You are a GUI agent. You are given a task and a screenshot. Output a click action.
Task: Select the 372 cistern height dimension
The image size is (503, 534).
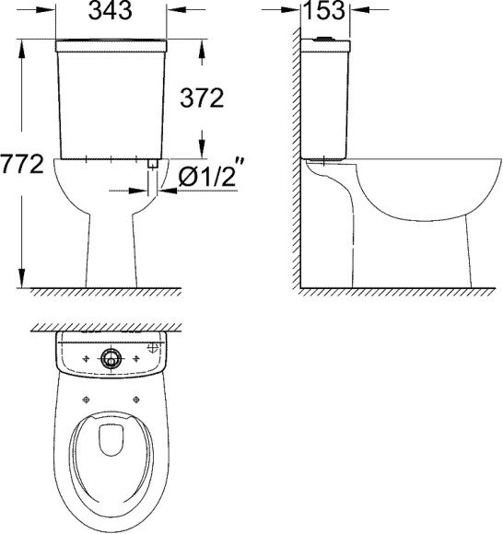tap(204, 99)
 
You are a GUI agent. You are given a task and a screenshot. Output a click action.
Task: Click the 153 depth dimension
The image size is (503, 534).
tap(326, 12)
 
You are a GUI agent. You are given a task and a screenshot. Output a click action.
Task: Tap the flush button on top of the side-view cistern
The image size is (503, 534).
tap(324, 39)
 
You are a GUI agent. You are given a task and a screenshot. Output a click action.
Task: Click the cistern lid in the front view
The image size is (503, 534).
tap(110, 44)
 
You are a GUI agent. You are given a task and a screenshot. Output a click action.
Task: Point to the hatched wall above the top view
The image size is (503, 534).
tap(110, 329)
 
